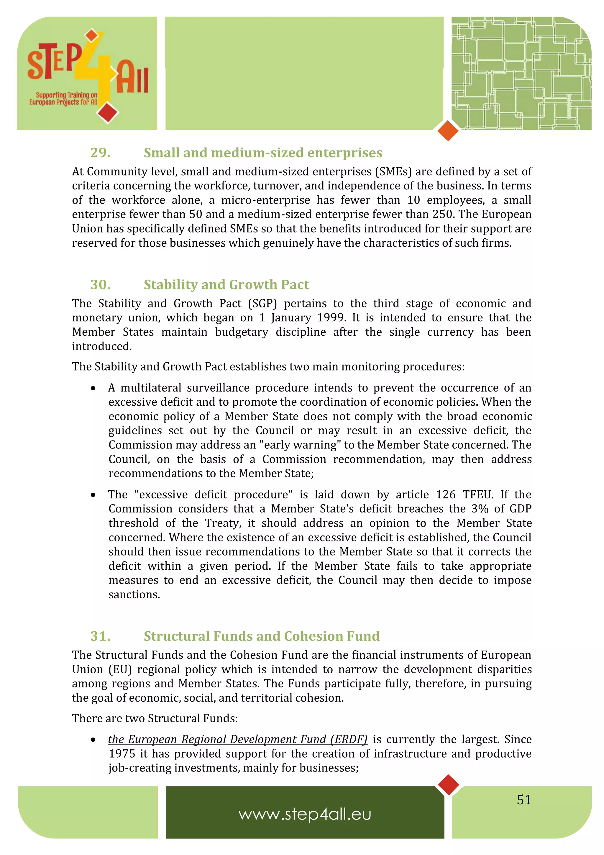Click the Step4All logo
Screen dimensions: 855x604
(x=88, y=74)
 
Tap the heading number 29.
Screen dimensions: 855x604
(x=100, y=153)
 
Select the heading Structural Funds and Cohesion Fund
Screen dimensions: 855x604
(x=262, y=636)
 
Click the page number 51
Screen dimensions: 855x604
(x=523, y=800)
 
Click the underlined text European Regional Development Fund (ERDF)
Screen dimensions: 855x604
(x=237, y=739)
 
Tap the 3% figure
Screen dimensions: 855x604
(x=480, y=509)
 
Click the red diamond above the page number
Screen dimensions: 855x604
(x=449, y=784)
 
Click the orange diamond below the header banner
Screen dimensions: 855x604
(x=448, y=131)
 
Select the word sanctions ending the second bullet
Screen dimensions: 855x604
(x=134, y=595)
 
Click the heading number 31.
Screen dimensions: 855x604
(x=100, y=636)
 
